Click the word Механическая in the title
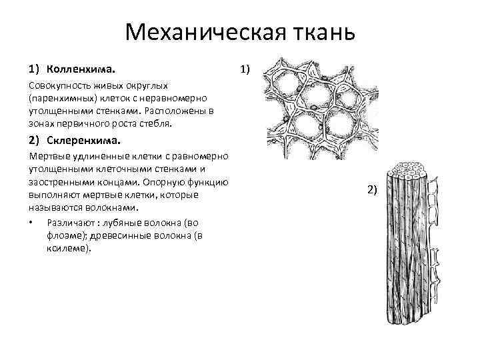click(201, 32)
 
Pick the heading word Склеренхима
click(83, 141)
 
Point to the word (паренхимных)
click(56, 99)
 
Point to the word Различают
click(69, 222)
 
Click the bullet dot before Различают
click(32, 222)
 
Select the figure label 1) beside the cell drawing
click(245, 69)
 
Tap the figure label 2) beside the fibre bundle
click(372, 190)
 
